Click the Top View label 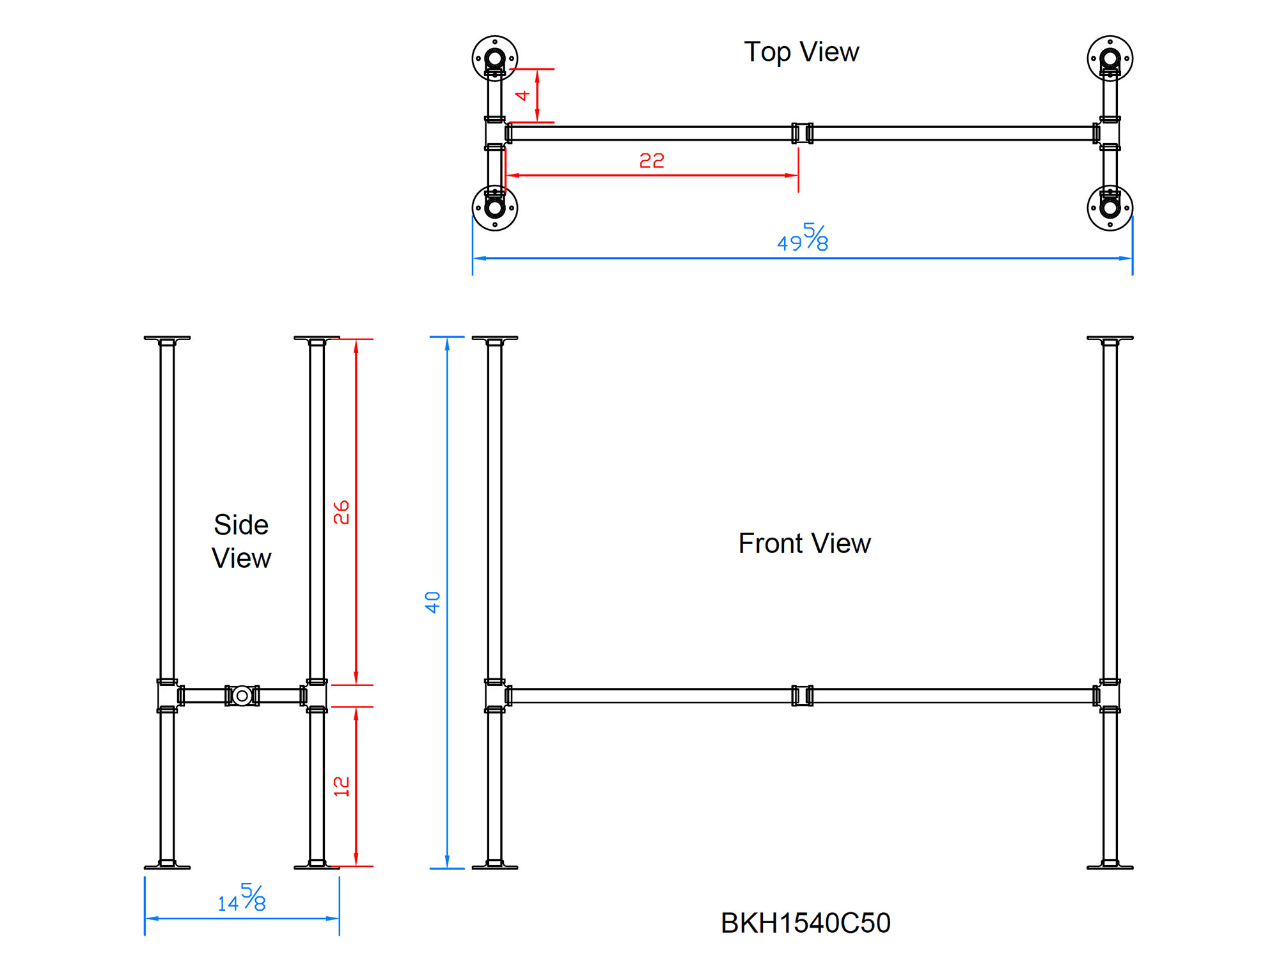click(x=801, y=52)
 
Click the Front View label click(x=804, y=543)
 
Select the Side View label click(x=241, y=542)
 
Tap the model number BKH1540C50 click(x=805, y=923)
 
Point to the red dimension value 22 click(x=652, y=160)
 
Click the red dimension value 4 click(x=522, y=95)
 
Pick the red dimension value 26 click(x=341, y=512)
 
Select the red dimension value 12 click(x=341, y=786)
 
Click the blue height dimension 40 click(x=432, y=602)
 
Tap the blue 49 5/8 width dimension click(x=803, y=238)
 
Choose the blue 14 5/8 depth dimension click(x=242, y=898)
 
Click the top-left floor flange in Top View click(x=494, y=59)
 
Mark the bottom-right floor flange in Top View click(x=1110, y=208)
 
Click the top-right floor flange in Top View click(x=1110, y=59)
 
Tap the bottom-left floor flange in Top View click(x=494, y=208)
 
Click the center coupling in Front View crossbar click(x=802, y=696)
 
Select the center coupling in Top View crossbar click(x=802, y=133)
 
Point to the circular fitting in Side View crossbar click(x=242, y=696)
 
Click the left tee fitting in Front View click(x=494, y=696)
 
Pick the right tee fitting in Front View click(x=1110, y=696)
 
